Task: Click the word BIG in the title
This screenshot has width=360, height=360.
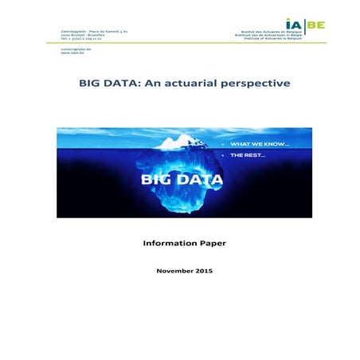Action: tap(90, 82)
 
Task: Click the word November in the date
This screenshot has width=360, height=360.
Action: tap(172, 271)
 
